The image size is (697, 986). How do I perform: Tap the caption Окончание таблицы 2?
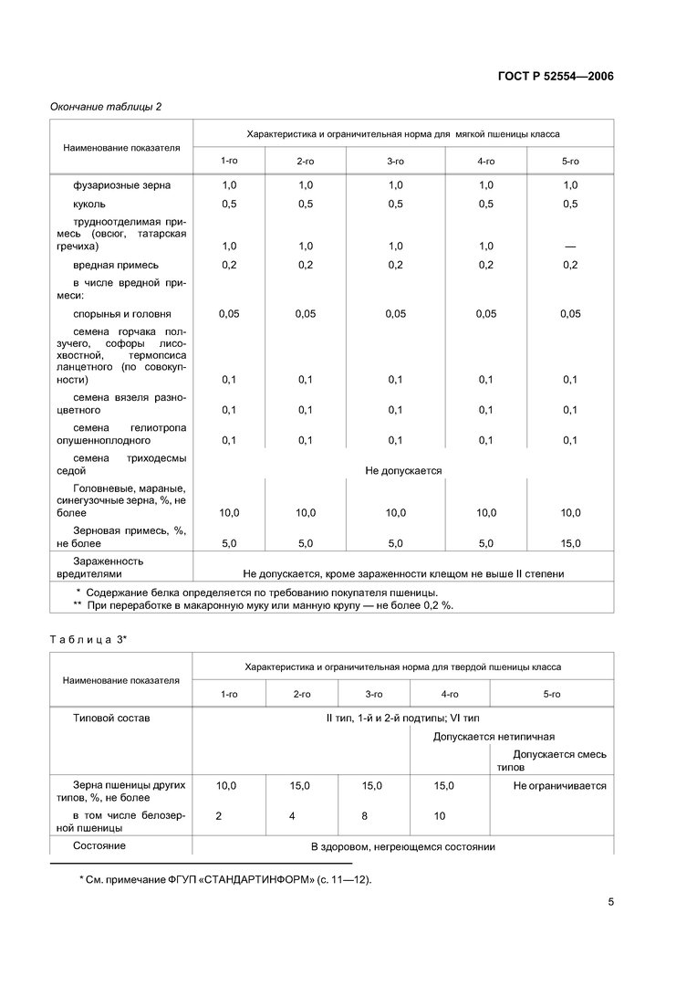tap(105, 106)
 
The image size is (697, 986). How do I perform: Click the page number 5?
tap(610, 903)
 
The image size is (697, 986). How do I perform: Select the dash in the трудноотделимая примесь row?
tap(570, 246)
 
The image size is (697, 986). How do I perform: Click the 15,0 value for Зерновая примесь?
tap(570, 543)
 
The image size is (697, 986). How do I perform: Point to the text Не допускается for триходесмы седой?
tap(403, 471)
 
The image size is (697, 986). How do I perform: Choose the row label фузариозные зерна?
tap(121, 185)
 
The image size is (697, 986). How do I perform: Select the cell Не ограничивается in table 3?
tap(559, 785)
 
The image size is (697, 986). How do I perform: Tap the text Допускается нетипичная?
tap(494, 736)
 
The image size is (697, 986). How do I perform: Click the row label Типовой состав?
tap(111, 718)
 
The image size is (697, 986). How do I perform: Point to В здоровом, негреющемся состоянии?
tap(402, 846)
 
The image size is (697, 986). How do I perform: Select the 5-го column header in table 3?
tap(551, 695)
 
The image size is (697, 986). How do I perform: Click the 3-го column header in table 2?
tap(395, 161)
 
